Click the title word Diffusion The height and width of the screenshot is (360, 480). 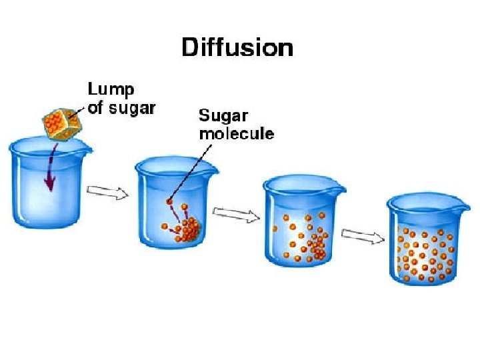pyautogui.click(x=237, y=49)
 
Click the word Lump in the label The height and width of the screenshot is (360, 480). pyautogui.click(x=110, y=89)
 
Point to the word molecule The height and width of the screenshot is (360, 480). pyautogui.click(x=237, y=133)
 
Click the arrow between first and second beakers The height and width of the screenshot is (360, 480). pyautogui.click(x=109, y=193)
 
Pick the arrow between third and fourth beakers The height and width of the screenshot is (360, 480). pyautogui.click(x=363, y=235)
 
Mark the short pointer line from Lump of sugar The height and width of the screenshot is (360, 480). pyautogui.click(x=82, y=111)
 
